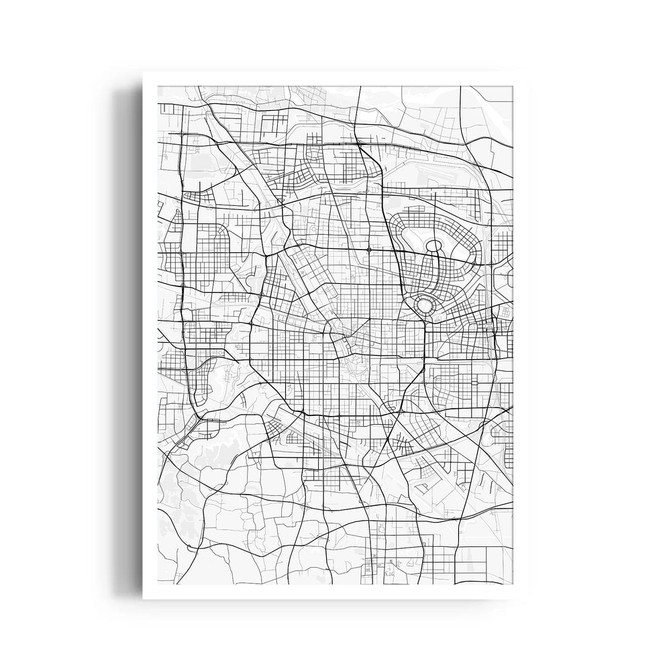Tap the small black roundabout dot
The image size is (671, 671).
[x=369, y=250]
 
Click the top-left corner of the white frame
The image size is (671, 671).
[x=144, y=72]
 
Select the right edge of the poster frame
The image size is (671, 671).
[x=522, y=335]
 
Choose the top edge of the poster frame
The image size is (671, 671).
[x=335, y=79]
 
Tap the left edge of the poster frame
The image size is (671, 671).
[x=151, y=335]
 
